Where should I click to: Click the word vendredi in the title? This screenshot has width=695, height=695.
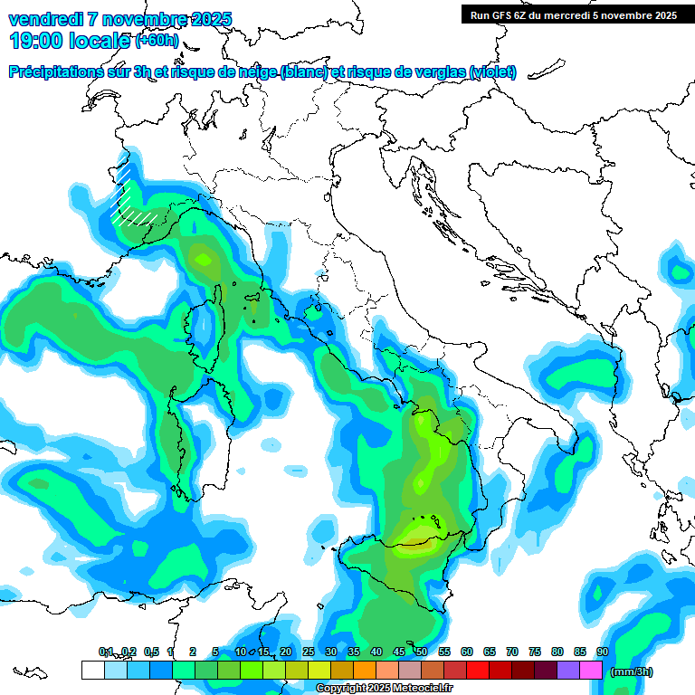pos(45,19)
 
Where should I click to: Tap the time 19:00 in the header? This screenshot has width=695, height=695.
pos(37,40)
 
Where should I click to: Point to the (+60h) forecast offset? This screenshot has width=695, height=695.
pos(157,40)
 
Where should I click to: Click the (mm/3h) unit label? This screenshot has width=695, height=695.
pos(631,671)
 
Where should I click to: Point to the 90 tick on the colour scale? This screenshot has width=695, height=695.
pos(602,652)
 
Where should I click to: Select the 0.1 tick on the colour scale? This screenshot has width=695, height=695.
pos(106,652)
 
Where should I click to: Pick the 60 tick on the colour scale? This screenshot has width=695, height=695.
pos(467,652)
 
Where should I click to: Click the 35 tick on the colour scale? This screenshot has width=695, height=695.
pos(354,652)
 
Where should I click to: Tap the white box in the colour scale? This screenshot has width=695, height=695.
pos(93,670)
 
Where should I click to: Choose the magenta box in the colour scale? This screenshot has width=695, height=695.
pos(591,670)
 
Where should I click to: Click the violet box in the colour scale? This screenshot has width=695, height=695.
pos(568,670)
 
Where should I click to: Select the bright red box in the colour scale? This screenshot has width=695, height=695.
pos(478,670)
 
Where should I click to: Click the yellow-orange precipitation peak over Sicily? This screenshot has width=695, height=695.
pos(418,539)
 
